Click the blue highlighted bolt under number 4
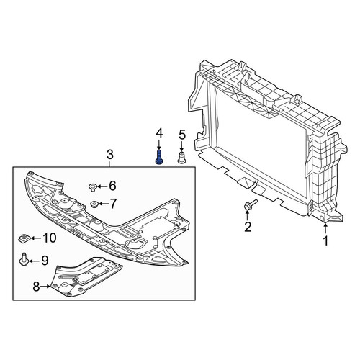[159, 158]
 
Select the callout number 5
[182, 135]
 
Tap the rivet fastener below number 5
[181, 157]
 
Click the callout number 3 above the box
[109, 155]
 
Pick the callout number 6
[112, 186]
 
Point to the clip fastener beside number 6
[92, 187]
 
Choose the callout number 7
[113, 204]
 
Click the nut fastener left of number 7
[94, 204]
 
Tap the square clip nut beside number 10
[24, 238]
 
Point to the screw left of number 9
[24, 259]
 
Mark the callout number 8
[36, 287]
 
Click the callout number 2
[248, 227]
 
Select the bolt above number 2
[250, 204]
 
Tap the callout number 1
[325, 241]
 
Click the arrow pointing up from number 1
[325, 228]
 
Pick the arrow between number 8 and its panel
[45, 287]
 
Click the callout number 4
[159, 133]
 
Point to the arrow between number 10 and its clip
[35, 238]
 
